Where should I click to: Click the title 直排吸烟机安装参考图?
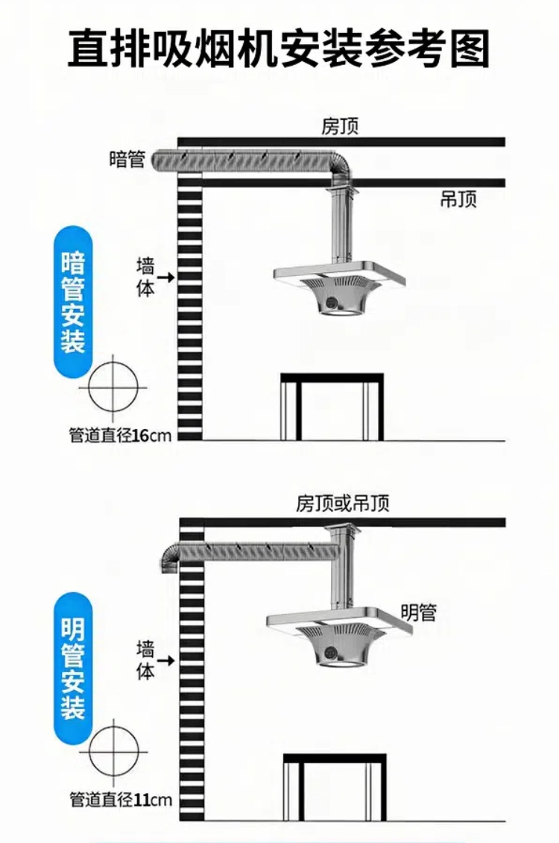(x=279, y=48)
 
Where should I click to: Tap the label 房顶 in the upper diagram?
(x=340, y=126)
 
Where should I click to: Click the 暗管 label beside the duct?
(x=127, y=159)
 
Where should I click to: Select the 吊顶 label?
(x=458, y=199)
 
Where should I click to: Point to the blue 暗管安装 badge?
(x=73, y=302)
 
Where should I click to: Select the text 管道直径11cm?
(x=120, y=800)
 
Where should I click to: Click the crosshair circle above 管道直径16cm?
(x=113, y=388)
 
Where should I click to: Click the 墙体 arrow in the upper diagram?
(x=165, y=277)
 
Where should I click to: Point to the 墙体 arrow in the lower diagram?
(x=165, y=659)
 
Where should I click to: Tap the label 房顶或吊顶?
(x=342, y=504)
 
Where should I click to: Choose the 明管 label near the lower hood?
(x=418, y=612)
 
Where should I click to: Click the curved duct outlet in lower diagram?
(x=170, y=554)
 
